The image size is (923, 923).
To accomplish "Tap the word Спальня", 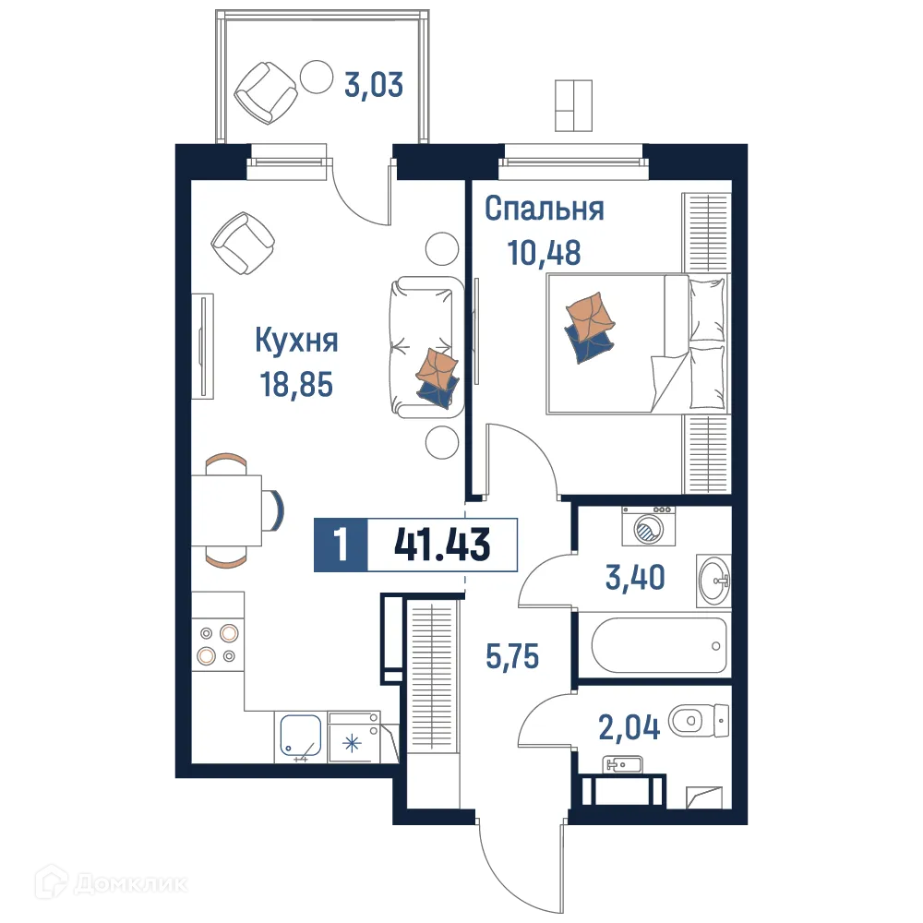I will coord(545,210).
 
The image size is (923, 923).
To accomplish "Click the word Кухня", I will coord(296,341).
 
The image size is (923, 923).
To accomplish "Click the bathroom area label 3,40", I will coord(637,579).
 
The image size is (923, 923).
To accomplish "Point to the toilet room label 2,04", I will coord(629,729).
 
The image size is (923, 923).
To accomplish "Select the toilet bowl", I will coord(697,720).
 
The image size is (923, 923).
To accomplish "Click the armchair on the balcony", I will coord(268,92).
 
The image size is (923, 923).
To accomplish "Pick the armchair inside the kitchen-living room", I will coord(243,244).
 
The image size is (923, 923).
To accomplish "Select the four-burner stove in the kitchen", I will coord(218,644).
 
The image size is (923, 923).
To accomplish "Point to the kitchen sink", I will coord(300,737).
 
